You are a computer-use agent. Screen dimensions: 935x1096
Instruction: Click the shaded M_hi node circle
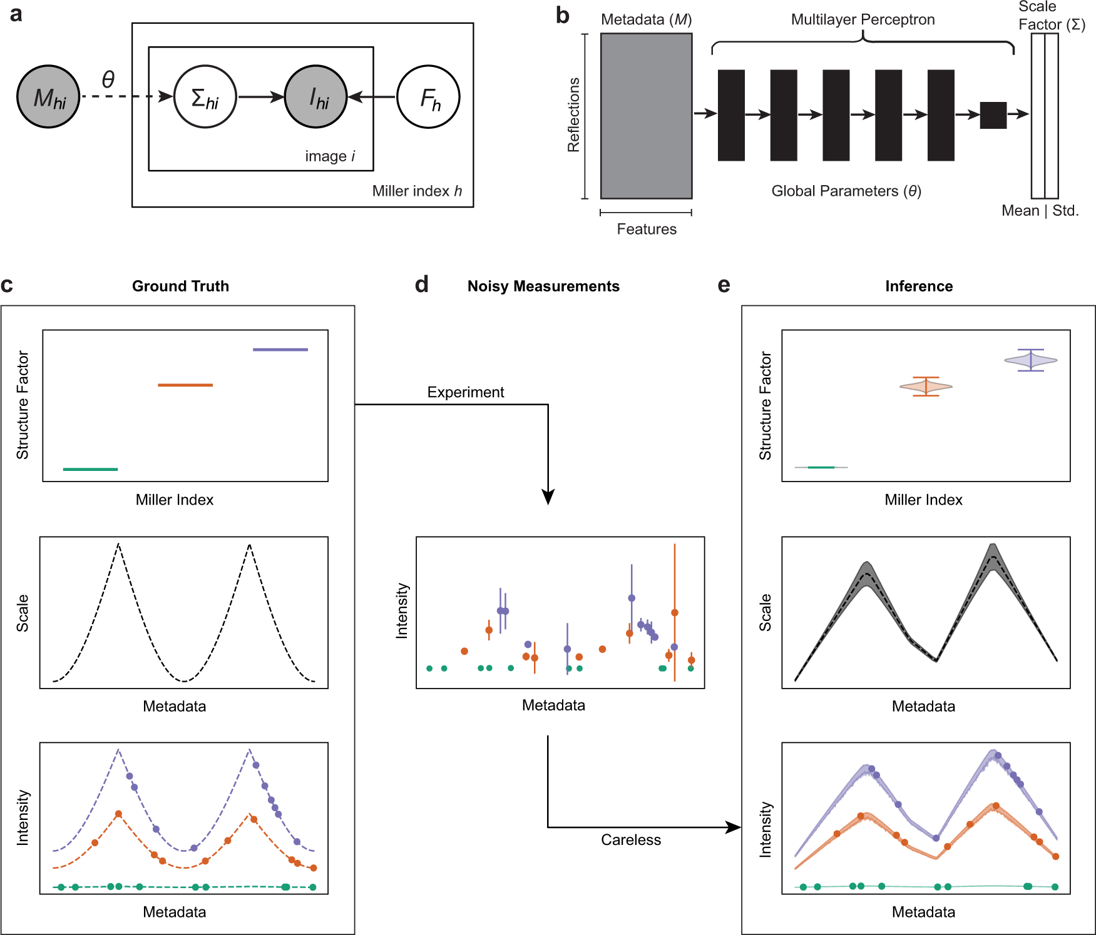(48, 97)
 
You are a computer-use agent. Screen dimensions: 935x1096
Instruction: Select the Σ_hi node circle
(205, 97)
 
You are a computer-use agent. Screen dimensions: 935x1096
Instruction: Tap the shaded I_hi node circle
(316, 97)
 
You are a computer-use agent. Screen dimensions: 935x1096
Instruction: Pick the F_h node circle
(429, 97)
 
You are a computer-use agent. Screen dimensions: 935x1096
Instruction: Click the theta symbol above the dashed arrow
(108, 79)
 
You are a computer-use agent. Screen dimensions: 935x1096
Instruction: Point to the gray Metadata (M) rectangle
(646, 116)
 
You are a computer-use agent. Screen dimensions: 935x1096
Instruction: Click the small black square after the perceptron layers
(993, 115)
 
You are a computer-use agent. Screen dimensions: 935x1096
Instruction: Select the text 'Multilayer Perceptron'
(863, 20)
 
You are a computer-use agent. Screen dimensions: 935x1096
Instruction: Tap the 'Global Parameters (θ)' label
(846, 191)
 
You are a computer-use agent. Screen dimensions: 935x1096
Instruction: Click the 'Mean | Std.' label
(1040, 211)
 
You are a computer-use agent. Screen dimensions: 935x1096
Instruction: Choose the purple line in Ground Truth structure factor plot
(280, 350)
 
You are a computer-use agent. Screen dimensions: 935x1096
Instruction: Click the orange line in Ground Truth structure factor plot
(185, 385)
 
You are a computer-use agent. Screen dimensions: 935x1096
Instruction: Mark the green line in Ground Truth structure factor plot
(90, 469)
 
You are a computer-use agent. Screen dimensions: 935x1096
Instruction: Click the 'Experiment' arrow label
(466, 392)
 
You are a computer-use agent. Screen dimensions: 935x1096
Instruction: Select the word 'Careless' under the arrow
(631, 840)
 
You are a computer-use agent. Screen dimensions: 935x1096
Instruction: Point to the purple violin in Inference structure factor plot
(1030, 360)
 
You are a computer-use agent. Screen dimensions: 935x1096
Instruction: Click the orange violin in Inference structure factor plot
(926, 387)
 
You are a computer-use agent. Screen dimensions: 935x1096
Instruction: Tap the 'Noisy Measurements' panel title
(543, 286)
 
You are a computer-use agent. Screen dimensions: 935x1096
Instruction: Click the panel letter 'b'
(562, 16)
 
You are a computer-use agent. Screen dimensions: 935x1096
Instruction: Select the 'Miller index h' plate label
(417, 191)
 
